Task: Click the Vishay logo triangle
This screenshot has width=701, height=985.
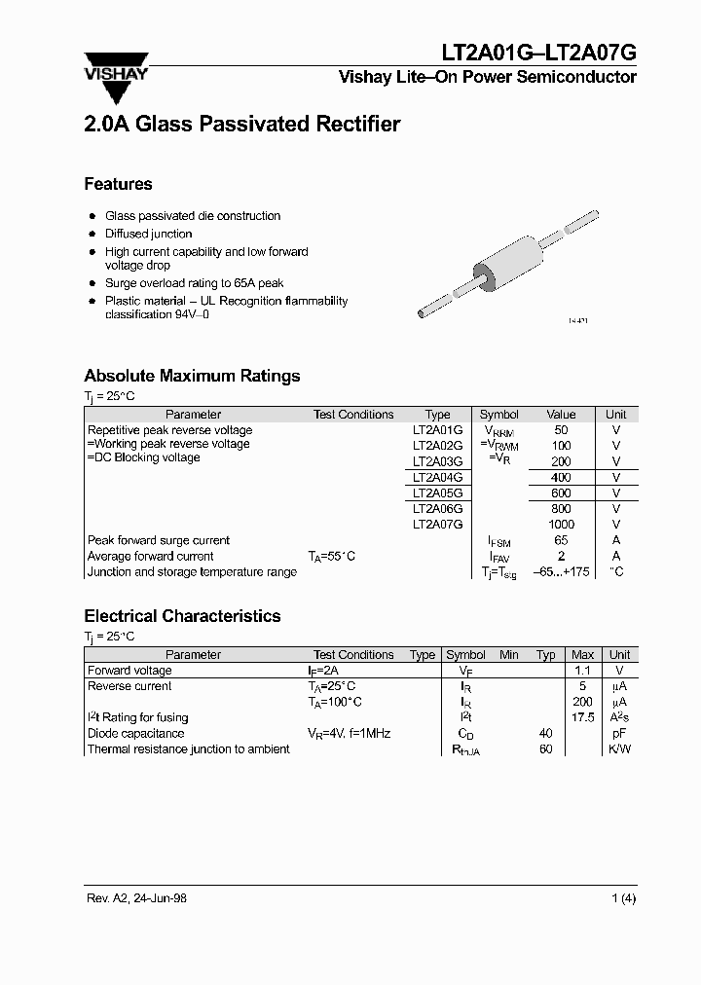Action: (x=116, y=83)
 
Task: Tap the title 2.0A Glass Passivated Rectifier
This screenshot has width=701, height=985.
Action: (x=241, y=125)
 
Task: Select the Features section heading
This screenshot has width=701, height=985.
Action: (x=118, y=184)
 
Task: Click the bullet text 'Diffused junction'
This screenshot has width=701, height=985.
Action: (x=149, y=234)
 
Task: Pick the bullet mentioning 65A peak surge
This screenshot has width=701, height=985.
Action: (x=194, y=283)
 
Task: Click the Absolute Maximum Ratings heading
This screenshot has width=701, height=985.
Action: (x=192, y=376)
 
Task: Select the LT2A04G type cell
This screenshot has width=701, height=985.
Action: (x=437, y=478)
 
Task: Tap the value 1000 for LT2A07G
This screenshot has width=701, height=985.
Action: (x=561, y=525)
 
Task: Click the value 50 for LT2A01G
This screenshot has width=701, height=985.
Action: (x=561, y=430)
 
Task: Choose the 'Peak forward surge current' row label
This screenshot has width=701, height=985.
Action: (x=159, y=540)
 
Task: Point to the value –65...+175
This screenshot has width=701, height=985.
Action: (x=561, y=572)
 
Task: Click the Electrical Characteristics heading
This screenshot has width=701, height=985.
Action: (x=182, y=616)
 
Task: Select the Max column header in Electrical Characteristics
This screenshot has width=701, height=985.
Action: (x=582, y=655)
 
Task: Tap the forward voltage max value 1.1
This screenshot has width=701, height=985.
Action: (x=582, y=671)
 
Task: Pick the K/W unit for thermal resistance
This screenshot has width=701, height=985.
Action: (x=619, y=749)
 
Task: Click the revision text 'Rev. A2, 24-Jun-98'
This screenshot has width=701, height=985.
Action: (x=135, y=898)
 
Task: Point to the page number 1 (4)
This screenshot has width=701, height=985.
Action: (x=623, y=898)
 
